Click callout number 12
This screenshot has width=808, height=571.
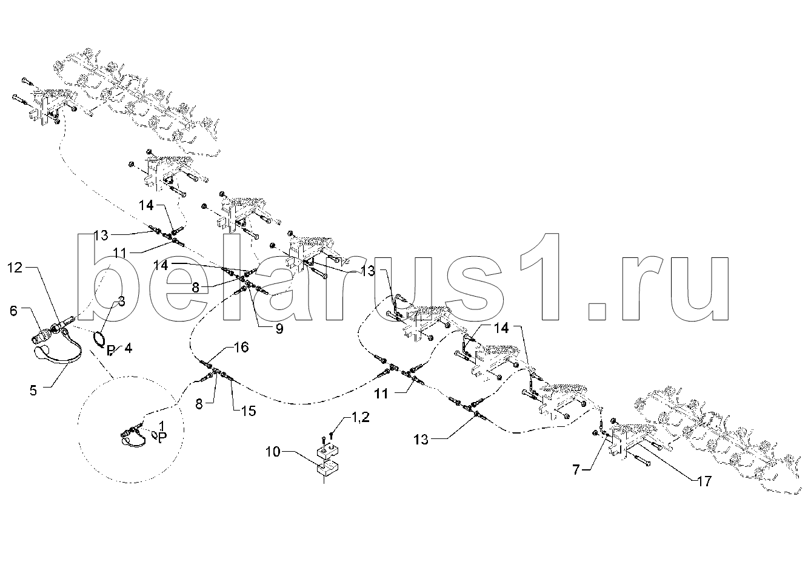coord(15,268)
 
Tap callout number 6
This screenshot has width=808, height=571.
coord(13,310)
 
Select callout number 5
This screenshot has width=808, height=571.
coord(33,390)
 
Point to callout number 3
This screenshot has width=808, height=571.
coord(122,302)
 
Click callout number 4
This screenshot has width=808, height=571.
coord(128,348)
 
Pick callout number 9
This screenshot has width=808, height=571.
coord(279,329)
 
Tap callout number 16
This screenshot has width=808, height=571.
coord(241,348)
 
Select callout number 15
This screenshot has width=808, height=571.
coord(249,411)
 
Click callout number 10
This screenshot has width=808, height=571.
coord(273,451)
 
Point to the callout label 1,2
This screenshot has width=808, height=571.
coord(359,418)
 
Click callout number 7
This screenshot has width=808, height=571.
coord(576,469)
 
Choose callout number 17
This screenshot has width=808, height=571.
coord(704,481)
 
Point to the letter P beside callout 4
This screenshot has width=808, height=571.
coord(111,350)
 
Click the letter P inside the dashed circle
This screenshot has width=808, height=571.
coord(162,438)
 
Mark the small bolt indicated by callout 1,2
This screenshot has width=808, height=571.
coord(331,437)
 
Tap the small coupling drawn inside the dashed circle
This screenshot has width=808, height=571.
coord(133,435)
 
